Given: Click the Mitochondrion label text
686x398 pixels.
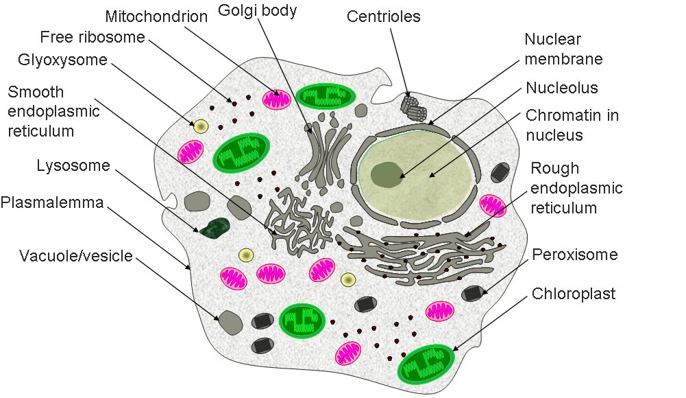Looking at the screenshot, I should tap(156, 16).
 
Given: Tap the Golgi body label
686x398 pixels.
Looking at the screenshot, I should tap(257, 12).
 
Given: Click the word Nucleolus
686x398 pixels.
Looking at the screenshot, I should tap(562, 88).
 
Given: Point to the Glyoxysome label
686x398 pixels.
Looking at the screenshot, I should tap(62, 60).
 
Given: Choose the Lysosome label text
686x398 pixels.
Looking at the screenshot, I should tap(73, 165).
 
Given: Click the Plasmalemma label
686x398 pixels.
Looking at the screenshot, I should tap(52, 202).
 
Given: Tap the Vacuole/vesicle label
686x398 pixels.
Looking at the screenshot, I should tap(76, 257).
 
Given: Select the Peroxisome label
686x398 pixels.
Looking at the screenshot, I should tap(575, 255).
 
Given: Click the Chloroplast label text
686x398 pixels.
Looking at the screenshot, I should tap(574, 294).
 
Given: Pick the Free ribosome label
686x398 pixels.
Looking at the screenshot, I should tap(93, 36).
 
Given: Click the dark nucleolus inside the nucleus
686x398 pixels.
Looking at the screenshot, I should tap(387, 174).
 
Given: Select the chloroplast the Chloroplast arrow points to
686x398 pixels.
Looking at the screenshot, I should tap(426, 363).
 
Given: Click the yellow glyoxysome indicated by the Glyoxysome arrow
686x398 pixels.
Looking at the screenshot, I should tap(201, 126).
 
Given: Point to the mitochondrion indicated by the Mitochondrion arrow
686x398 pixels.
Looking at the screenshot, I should tap(279, 99).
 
